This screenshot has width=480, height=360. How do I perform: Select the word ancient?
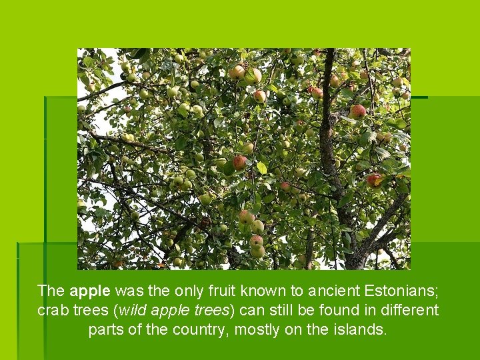pos(339,291)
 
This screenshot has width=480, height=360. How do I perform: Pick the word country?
pos(191,329)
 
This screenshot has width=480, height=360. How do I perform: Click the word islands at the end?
pos(361,329)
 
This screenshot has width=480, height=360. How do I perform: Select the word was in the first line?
pos(127,291)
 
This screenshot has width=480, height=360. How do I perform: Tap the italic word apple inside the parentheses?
pos(170,311)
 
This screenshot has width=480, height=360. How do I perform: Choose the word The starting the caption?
pos(51,291)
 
